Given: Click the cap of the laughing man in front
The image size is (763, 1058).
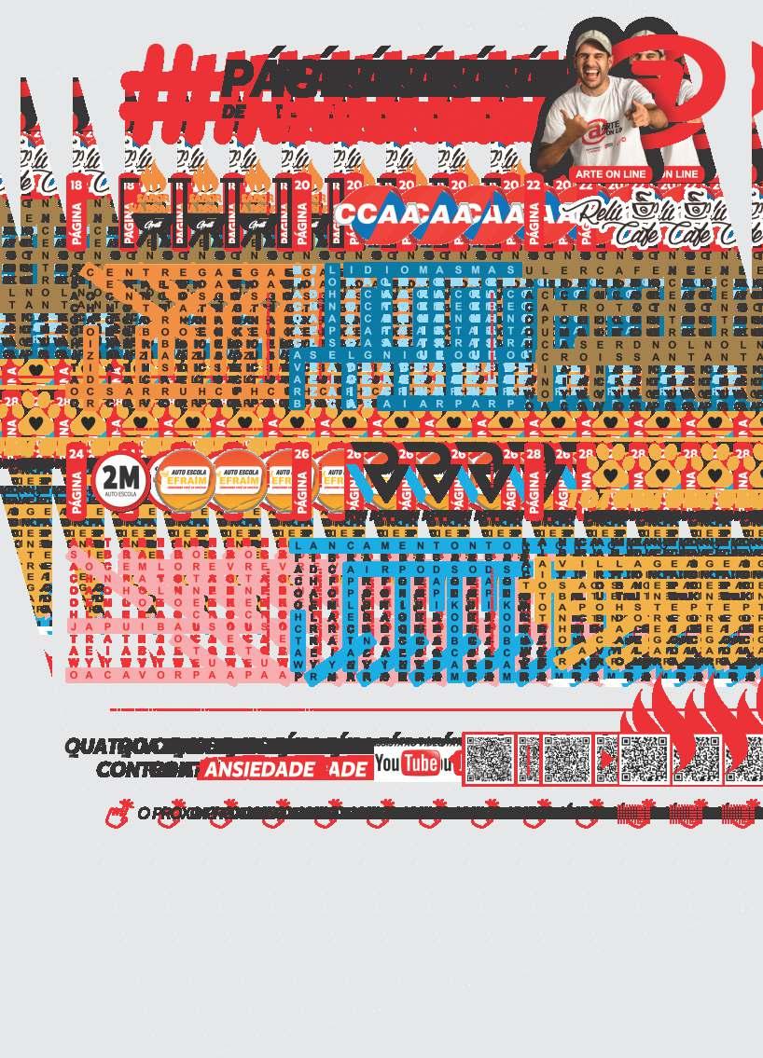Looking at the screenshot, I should click(x=594, y=40).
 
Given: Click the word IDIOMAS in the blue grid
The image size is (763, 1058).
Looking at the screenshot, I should click(x=378, y=270).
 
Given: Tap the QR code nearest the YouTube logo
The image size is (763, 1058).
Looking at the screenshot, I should click(x=490, y=759).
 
